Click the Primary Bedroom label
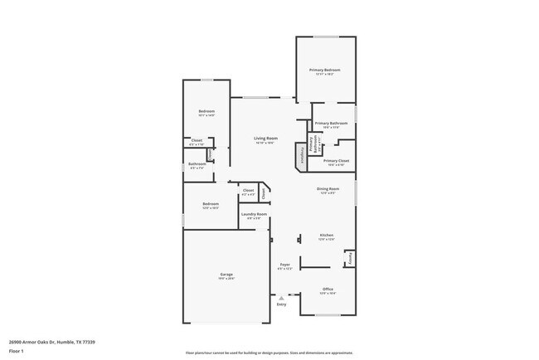[x=325, y=71]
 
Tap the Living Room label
[x=265, y=139]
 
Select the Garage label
[x=226, y=275]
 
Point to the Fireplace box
[x=299, y=155]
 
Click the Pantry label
[x=350, y=258]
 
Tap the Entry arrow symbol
[x=282, y=296]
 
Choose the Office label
[x=328, y=290]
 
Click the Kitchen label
[x=326, y=236]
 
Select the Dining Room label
[x=327, y=189]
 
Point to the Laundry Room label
[x=254, y=215]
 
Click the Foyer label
[x=285, y=265]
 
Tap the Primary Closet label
[x=336, y=161]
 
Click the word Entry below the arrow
[x=282, y=304]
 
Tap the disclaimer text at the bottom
[x=269, y=353]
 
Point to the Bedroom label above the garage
[x=211, y=204]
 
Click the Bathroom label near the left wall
[x=197, y=164]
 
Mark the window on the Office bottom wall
[x=327, y=315]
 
